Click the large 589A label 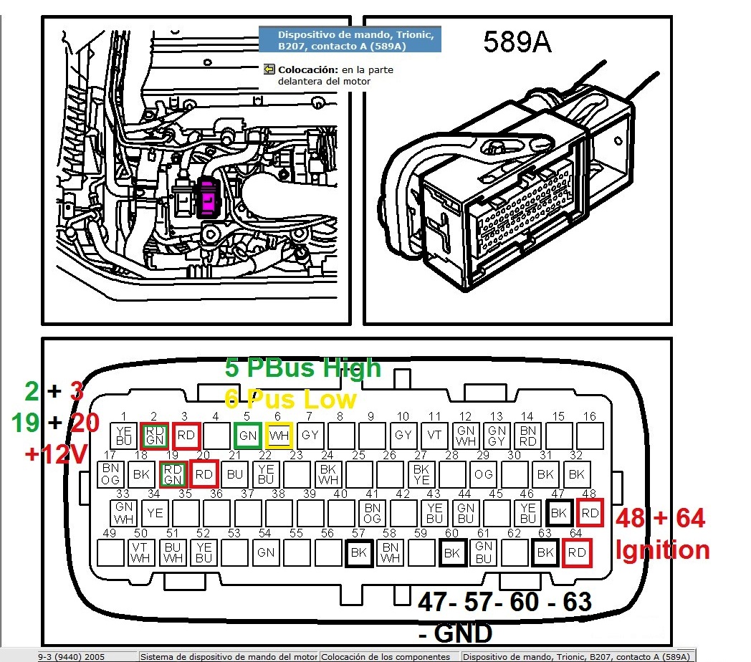(517, 42)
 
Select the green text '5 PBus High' (302, 368)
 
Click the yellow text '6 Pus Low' (290, 398)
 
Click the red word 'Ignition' (662, 550)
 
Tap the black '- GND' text (456, 633)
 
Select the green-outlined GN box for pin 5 (247, 434)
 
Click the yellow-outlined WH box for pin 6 (279, 434)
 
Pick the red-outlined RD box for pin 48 (589, 512)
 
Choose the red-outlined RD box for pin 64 (576, 552)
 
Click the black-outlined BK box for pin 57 (359, 552)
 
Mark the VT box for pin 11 (434, 434)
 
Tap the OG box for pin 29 (484, 473)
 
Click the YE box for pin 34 (154, 512)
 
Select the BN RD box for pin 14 (528, 434)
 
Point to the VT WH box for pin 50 (140, 552)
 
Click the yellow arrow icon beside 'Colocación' (269, 69)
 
